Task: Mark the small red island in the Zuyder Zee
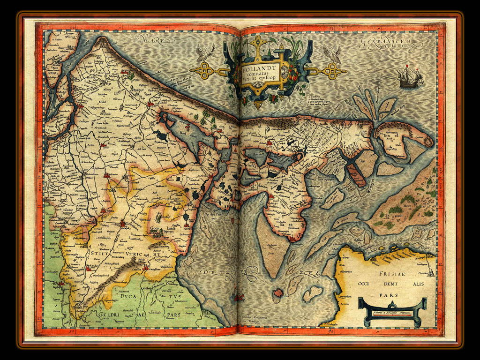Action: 278,293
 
